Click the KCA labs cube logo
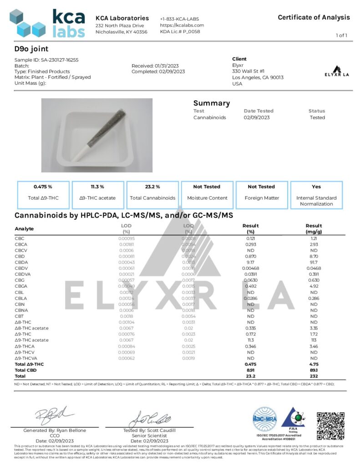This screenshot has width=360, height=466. click(28, 24)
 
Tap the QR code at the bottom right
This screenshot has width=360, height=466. click(331, 425)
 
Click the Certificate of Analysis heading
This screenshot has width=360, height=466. click(314, 17)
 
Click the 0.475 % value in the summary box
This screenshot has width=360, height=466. click(43, 187)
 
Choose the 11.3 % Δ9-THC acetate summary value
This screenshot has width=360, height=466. click(98, 187)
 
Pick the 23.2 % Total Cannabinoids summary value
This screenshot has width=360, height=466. click(152, 187)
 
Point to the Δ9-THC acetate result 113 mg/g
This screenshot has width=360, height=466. click(314, 340)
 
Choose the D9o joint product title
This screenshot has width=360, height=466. click(31, 49)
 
